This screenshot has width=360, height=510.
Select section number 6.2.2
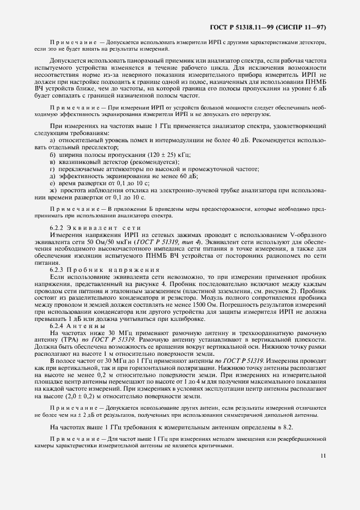57,227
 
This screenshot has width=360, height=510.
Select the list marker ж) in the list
53,190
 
